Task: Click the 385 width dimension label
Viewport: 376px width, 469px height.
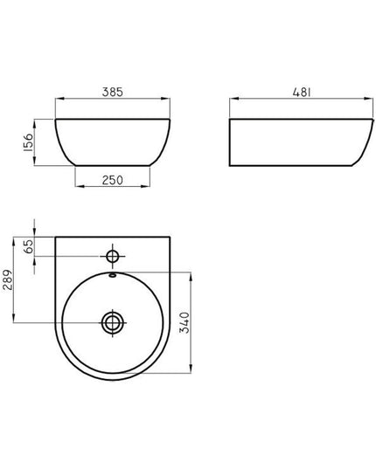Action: click(112, 92)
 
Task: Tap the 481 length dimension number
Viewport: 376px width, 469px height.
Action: click(302, 92)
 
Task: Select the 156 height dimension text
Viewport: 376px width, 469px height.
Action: click(28, 142)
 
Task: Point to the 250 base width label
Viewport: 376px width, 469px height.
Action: click(112, 180)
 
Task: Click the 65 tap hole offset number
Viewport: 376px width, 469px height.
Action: click(29, 246)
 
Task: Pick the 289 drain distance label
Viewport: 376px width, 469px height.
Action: click(8, 279)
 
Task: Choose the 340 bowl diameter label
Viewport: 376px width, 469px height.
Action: click(185, 322)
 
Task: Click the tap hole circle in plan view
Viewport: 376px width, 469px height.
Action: click(113, 257)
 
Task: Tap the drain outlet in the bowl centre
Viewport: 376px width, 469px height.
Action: click(113, 323)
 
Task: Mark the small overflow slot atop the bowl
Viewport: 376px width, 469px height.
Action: click(113, 275)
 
